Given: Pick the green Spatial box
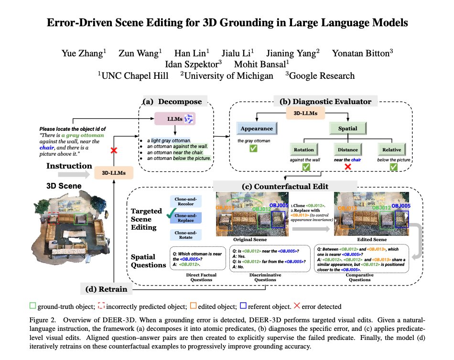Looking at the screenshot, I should pos(347,128).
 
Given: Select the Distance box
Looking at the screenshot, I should pos(347,149).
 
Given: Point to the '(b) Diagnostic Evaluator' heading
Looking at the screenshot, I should pos(325,101).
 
